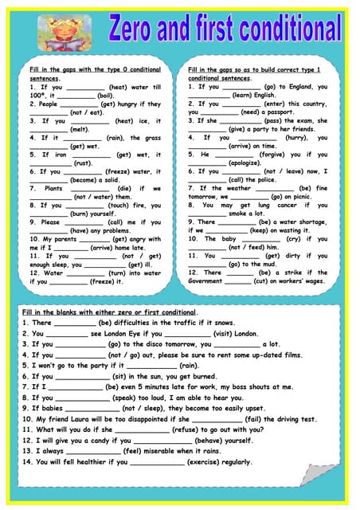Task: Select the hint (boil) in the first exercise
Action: point(105,95)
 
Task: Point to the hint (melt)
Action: point(80,129)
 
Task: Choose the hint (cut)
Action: point(261,280)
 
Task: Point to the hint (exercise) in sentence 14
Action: point(197,461)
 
